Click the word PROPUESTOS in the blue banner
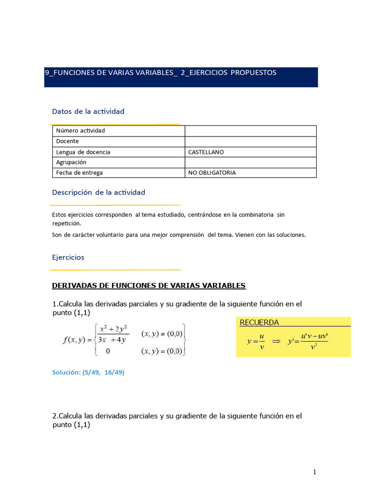[x=253, y=73]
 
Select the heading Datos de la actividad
[x=88, y=111]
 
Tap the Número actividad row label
[x=80, y=131]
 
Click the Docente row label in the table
[x=67, y=141]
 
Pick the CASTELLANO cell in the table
[x=206, y=152]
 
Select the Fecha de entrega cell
[x=79, y=172]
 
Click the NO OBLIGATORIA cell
[x=212, y=172]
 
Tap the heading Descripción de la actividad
[x=98, y=192]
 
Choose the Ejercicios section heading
[x=68, y=258]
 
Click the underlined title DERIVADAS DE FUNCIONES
[x=148, y=286]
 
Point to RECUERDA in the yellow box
[x=259, y=322]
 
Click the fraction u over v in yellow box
[x=262, y=341]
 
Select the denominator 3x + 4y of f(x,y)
[x=111, y=341]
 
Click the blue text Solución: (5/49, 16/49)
[x=88, y=372]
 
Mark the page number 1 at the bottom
[x=315, y=472]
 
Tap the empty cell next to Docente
[x=250, y=141]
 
